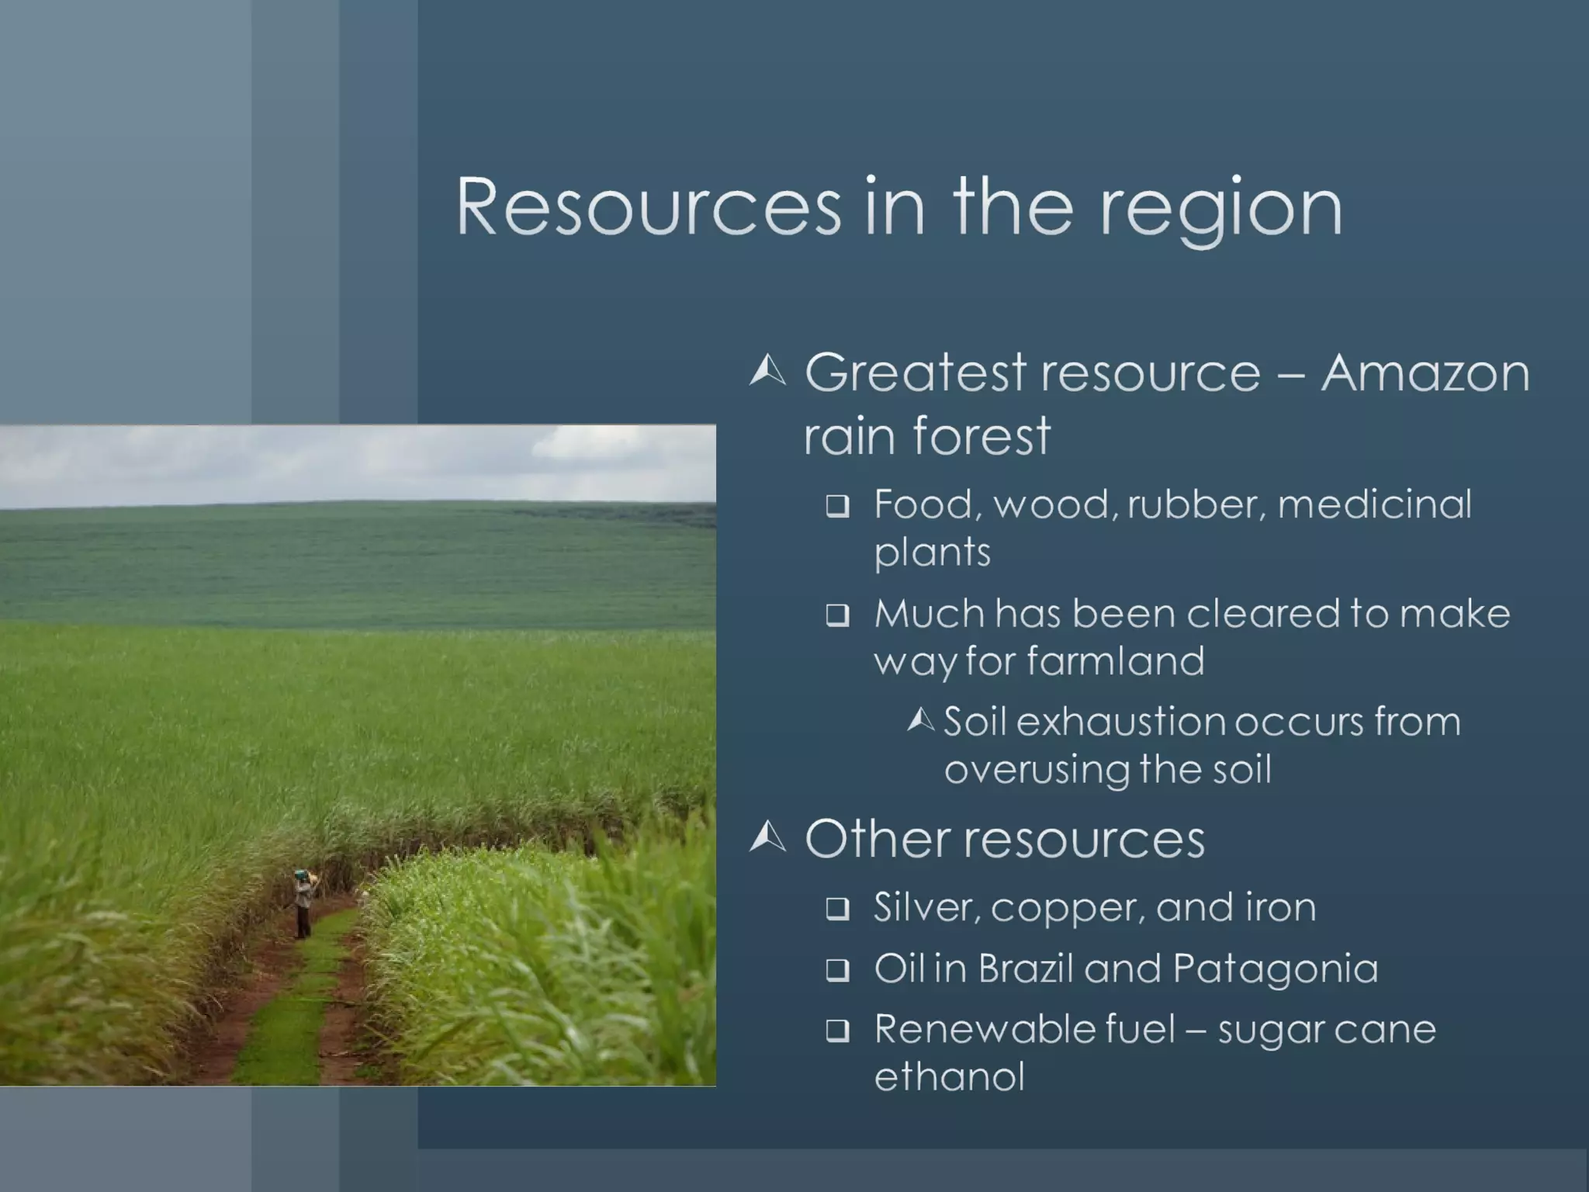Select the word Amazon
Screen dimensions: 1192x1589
click(x=1425, y=373)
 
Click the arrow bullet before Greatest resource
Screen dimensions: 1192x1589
click(x=767, y=371)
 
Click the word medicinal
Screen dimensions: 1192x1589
click(x=1374, y=504)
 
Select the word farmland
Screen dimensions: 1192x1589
click(x=1116, y=661)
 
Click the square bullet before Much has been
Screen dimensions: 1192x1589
click(x=837, y=616)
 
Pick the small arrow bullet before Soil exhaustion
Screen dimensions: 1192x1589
click(x=921, y=722)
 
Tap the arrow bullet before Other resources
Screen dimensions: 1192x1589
click(x=767, y=837)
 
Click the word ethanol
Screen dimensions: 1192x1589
click(x=949, y=1077)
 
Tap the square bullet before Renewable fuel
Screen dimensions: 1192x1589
click(x=837, y=1031)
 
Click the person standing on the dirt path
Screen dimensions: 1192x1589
click(x=303, y=904)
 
